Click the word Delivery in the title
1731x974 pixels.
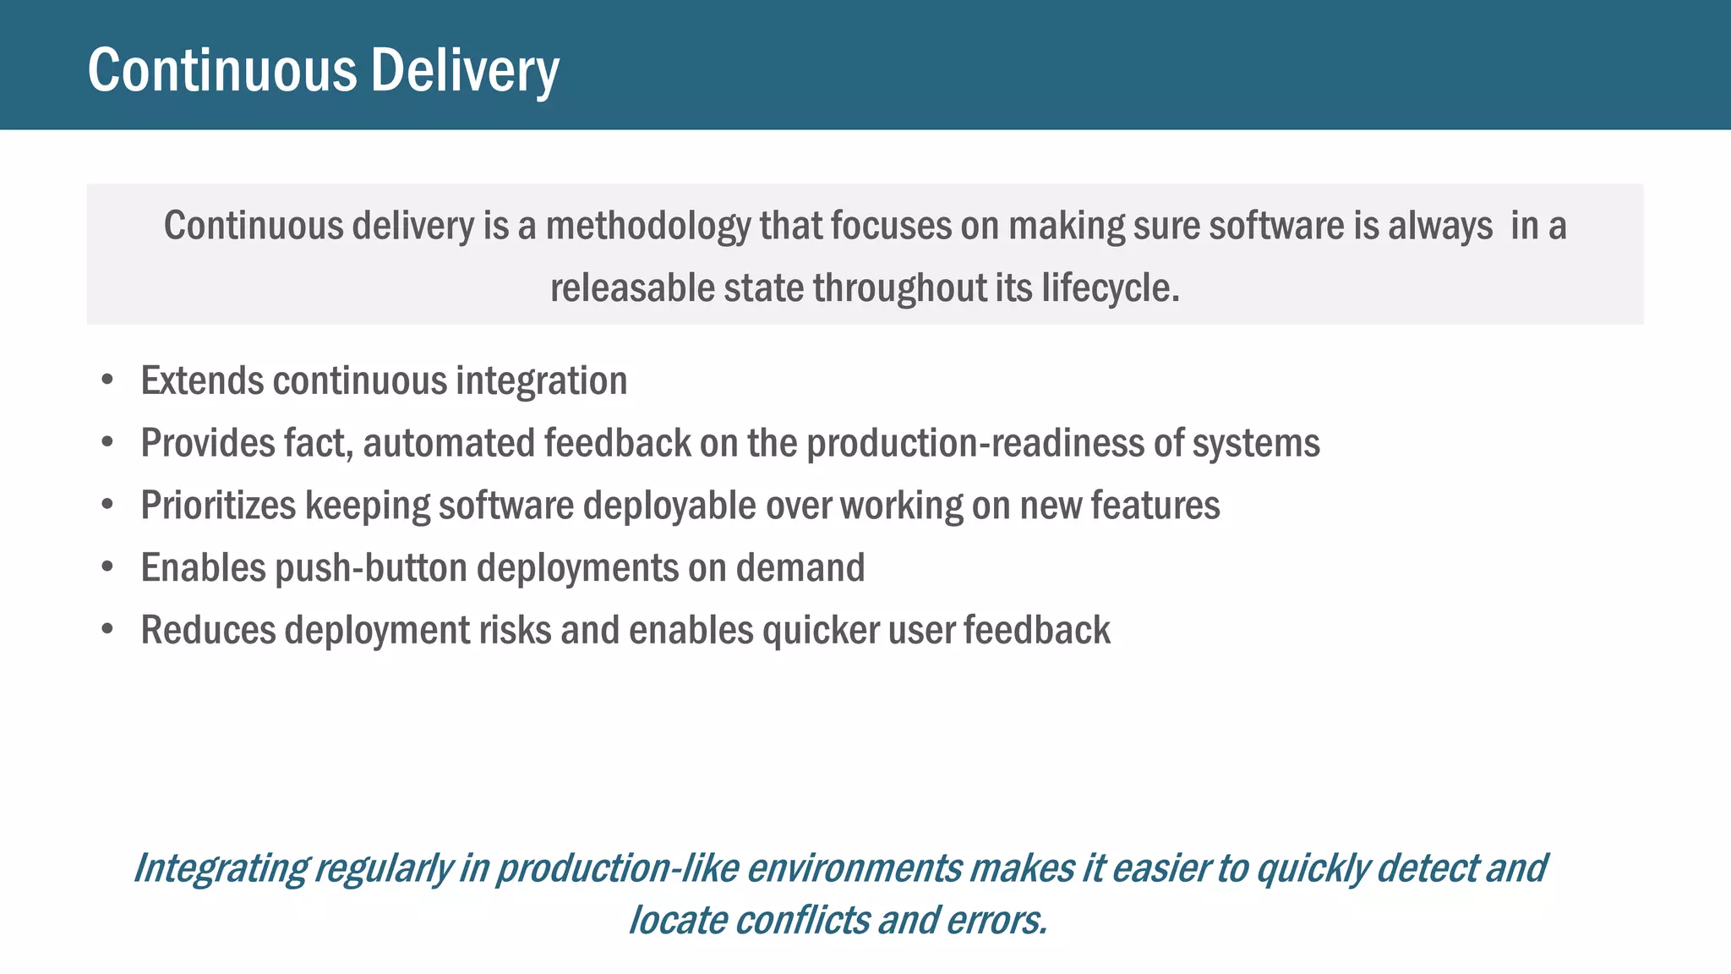pos(464,71)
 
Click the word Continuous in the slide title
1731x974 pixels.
pos(222,71)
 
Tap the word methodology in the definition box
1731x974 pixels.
pos(647,227)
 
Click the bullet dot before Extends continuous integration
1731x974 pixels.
pos(107,380)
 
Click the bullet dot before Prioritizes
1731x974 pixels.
pos(107,505)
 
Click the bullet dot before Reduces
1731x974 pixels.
pos(107,630)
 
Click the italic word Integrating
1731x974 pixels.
pos(221,869)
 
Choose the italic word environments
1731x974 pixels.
pos(854,869)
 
